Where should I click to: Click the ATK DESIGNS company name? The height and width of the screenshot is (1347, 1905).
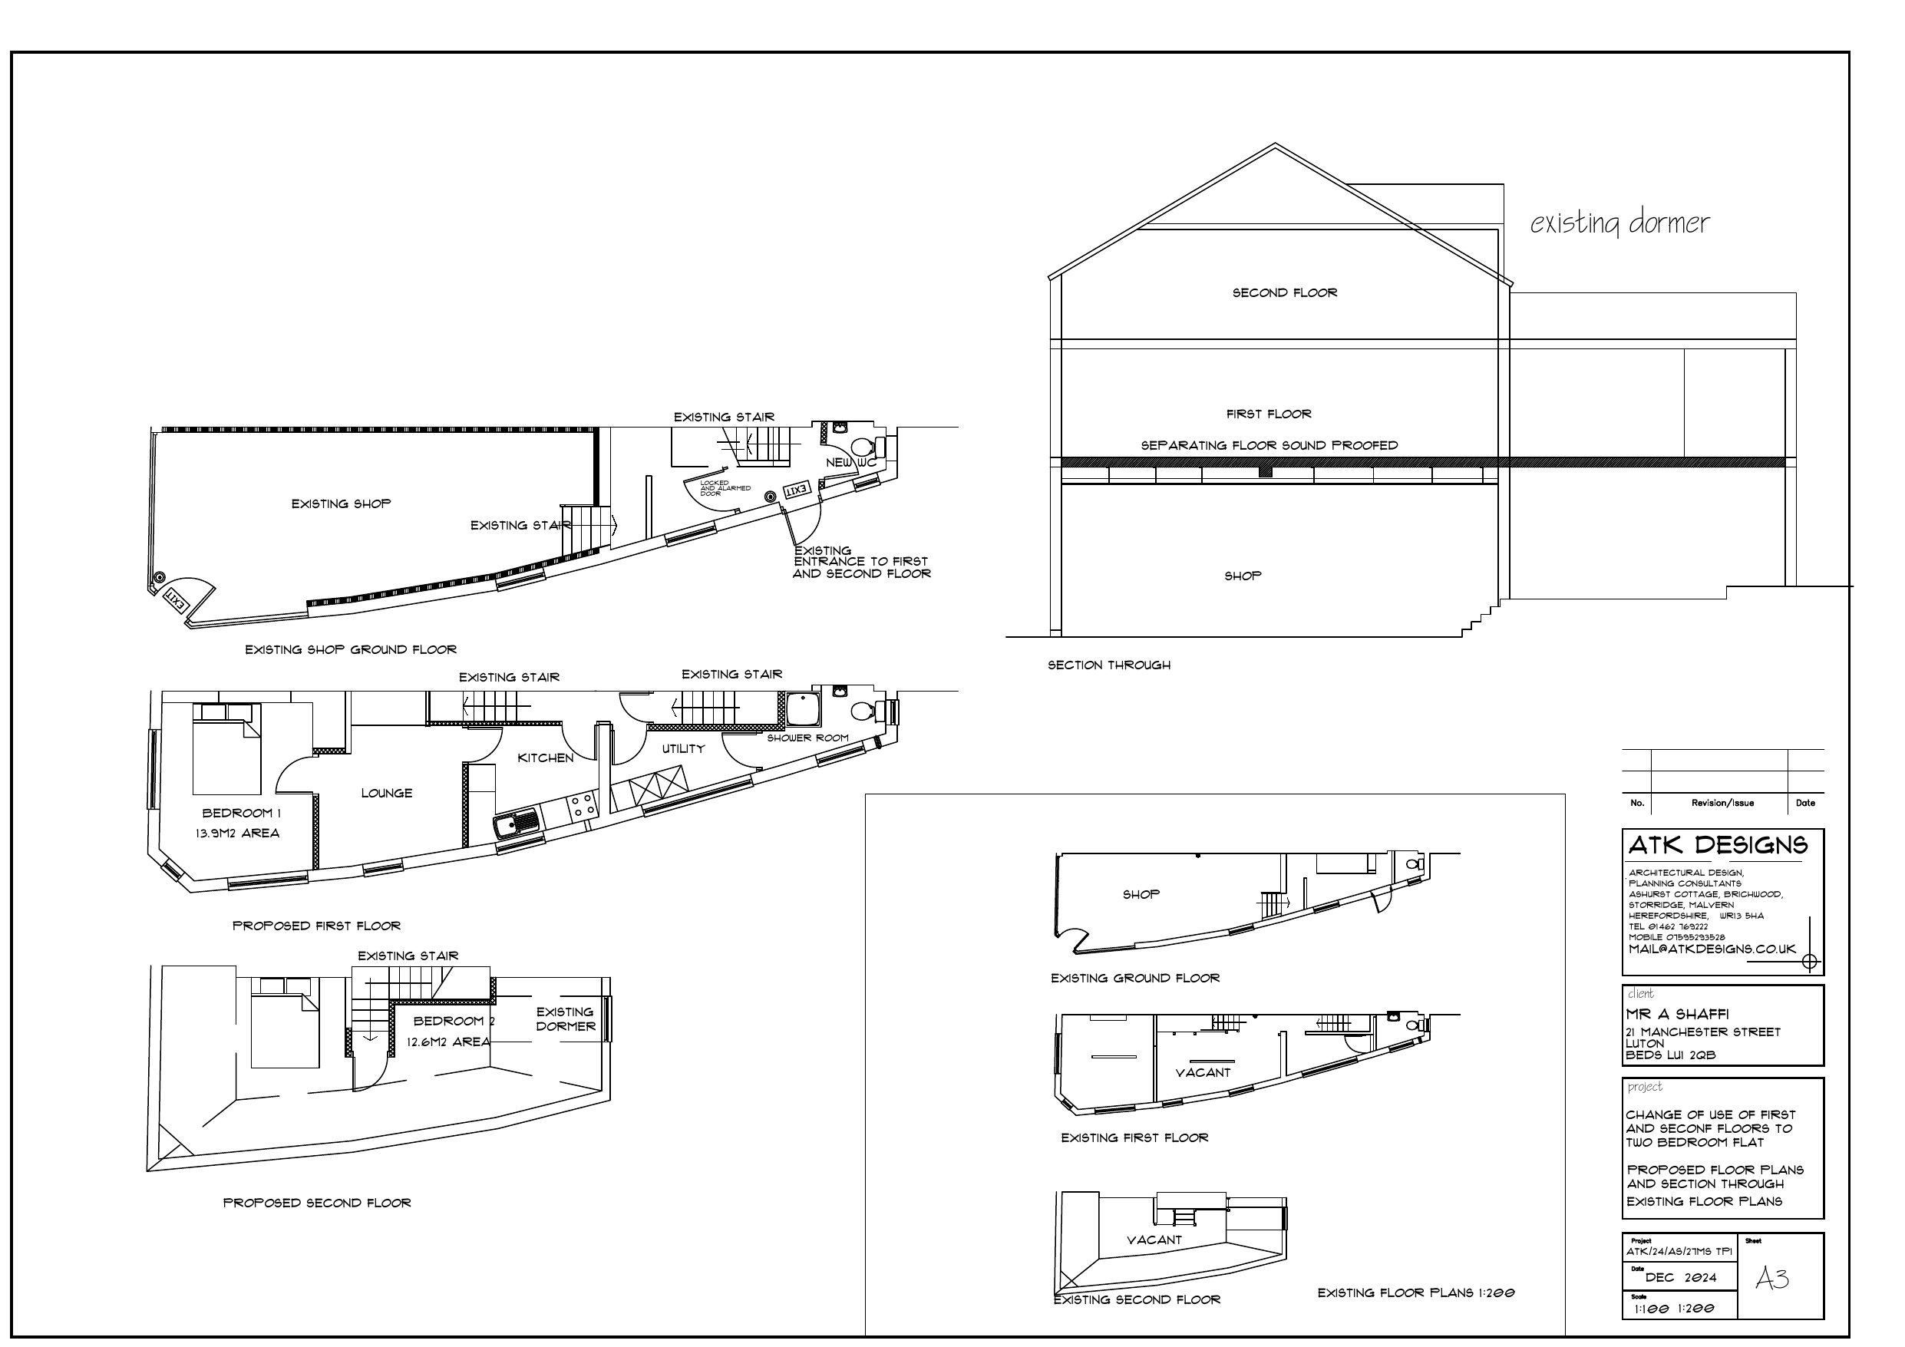click(1718, 846)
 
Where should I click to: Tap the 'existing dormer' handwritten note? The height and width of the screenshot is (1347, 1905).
click(1619, 223)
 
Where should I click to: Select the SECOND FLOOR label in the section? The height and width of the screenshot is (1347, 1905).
click(1284, 293)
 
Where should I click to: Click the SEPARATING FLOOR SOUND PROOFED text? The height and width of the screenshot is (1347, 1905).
click(1269, 446)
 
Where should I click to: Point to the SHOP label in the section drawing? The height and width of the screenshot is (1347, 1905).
click(1242, 576)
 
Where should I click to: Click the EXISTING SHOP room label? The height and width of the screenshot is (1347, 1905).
click(341, 503)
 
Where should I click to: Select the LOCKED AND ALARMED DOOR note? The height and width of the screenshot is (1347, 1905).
click(725, 488)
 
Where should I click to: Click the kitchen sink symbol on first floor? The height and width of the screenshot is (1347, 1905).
click(516, 824)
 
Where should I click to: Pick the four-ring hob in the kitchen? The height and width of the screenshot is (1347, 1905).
click(581, 804)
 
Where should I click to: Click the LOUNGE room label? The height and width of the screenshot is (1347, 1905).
click(387, 794)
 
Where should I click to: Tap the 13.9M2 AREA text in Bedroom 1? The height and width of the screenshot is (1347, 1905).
click(237, 834)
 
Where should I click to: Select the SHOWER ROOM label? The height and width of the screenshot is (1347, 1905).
click(807, 738)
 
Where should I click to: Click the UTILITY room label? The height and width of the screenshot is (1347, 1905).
click(683, 748)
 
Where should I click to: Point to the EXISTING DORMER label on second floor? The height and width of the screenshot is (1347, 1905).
click(565, 1019)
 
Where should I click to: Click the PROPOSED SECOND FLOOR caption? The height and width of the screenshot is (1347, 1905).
click(317, 1203)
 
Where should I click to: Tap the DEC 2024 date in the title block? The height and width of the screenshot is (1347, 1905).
click(1680, 1277)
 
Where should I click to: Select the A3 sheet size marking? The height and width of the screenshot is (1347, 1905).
click(1771, 1279)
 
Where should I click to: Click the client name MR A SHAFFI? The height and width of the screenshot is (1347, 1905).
click(1677, 1014)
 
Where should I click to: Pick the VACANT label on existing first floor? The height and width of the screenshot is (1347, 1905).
click(1202, 1072)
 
